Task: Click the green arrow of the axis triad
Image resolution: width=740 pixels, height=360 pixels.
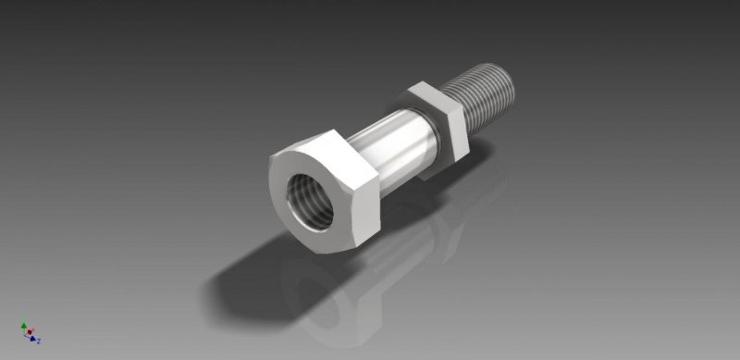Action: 23,325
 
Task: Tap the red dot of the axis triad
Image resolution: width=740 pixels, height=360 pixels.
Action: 29,331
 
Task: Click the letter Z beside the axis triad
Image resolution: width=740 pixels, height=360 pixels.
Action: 40,341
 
